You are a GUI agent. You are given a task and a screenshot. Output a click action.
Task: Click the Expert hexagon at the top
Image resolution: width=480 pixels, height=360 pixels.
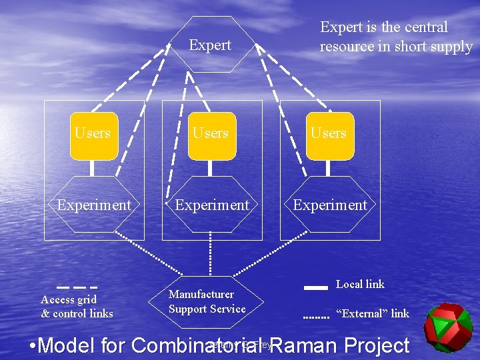tap(211, 45)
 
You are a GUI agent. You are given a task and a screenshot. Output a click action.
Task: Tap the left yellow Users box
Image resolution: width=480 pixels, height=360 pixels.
tap(93, 135)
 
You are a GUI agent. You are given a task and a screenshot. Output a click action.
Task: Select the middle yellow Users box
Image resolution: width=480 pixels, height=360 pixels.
tap(211, 135)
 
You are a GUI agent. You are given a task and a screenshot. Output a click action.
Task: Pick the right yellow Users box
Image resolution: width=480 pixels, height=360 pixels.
tap(329, 135)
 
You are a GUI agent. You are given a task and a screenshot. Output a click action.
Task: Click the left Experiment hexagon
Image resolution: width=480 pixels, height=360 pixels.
tap(94, 205)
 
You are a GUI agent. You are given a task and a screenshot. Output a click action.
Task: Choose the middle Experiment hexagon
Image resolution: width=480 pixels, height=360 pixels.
tap(211, 205)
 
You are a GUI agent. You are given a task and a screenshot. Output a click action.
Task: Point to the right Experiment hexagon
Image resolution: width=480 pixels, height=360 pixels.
tap(330, 205)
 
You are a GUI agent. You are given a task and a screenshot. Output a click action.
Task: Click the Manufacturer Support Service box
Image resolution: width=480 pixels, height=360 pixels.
tap(207, 302)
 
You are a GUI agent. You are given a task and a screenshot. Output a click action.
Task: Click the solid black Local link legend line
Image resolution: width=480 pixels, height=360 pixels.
tap(315, 287)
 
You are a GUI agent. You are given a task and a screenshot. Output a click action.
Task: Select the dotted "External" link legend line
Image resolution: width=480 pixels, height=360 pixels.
tap(316, 317)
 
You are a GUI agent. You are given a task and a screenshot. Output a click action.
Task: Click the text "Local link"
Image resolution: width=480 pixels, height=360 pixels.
tap(360, 284)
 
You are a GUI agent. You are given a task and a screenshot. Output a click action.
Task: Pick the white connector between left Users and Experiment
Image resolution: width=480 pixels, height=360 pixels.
tap(93, 168)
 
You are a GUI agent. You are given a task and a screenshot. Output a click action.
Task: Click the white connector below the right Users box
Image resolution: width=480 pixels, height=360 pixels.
tap(329, 168)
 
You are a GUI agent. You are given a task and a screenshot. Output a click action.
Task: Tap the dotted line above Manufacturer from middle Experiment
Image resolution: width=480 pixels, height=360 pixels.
tap(211, 253)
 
